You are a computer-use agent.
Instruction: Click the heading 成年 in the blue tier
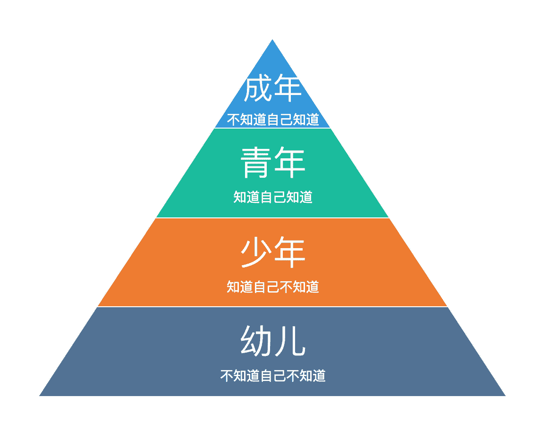(272, 89)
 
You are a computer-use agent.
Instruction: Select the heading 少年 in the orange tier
(272, 253)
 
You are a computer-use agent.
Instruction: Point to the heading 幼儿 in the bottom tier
(272, 341)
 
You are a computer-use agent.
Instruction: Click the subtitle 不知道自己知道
(272, 120)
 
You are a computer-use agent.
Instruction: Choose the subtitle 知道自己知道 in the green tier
(272, 197)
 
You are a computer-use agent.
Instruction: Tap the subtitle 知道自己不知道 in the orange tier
(272, 286)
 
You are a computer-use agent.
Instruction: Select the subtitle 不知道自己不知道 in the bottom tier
(272, 376)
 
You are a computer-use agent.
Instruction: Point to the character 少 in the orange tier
(256, 253)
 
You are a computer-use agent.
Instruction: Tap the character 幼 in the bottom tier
(256, 341)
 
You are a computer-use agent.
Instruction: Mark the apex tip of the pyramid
(272, 41)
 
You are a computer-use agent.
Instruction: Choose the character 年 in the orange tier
(289, 253)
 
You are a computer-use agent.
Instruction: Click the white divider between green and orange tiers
(272, 218)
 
